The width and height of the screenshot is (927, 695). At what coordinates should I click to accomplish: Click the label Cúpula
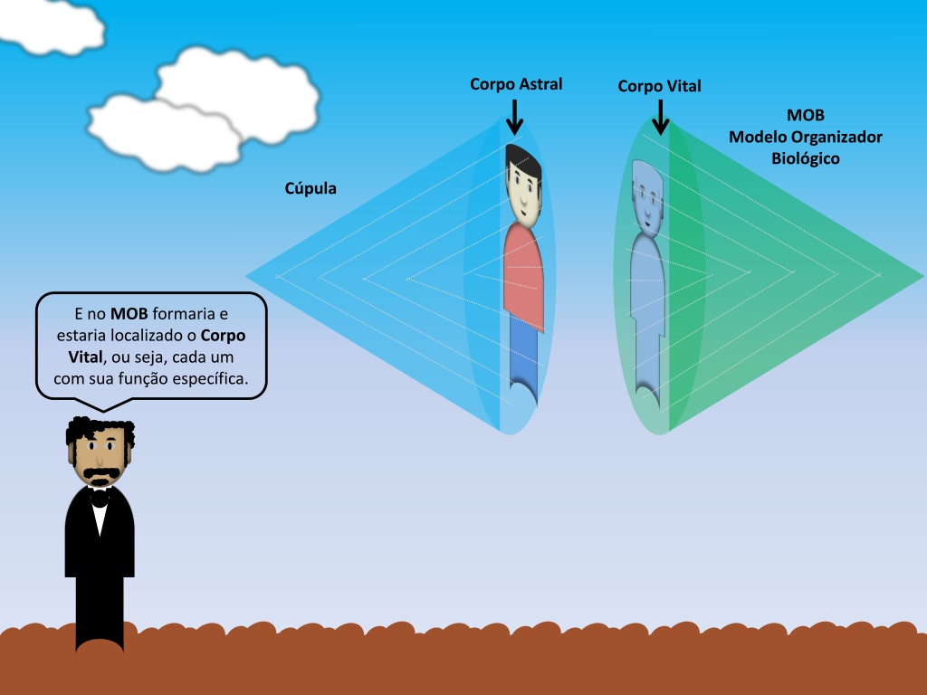(x=311, y=188)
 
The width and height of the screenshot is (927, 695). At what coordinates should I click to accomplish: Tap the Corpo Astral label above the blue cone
(x=516, y=84)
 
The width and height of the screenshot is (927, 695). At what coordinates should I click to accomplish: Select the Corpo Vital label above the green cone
(x=659, y=86)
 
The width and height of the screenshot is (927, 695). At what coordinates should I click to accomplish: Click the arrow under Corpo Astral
(x=514, y=117)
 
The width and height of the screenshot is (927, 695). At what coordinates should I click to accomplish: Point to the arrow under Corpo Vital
(x=660, y=117)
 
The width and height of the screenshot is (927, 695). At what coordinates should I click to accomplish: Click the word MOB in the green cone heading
(x=805, y=115)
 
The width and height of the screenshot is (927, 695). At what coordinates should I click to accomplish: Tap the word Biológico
(x=805, y=159)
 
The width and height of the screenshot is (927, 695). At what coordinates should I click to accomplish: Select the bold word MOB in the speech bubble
(x=129, y=314)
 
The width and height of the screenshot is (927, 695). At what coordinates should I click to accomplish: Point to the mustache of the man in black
(x=100, y=474)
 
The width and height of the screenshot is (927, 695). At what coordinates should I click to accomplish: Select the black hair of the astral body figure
(x=523, y=158)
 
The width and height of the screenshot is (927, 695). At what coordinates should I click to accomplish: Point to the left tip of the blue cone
(x=246, y=275)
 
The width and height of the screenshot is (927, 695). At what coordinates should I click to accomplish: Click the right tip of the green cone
(x=922, y=275)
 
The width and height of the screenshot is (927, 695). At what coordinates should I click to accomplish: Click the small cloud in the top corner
(x=51, y=26)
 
